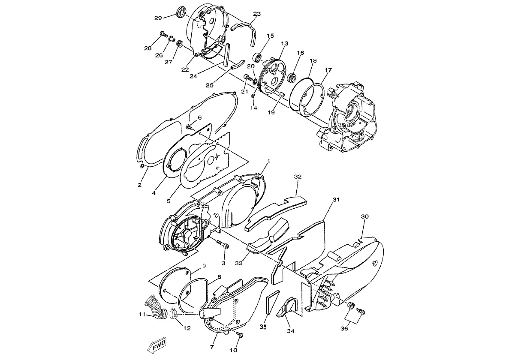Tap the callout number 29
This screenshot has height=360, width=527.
pyautogui.click(x=158, y=18)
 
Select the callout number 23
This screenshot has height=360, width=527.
pyautogui.click(x=257, y=14)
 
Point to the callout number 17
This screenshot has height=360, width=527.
pyautogui.click(x=328, y=70)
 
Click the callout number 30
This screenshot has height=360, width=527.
pyautogui.click(x=364, y=216)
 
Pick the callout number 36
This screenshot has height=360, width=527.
pyautogui.click(x=344, y=328)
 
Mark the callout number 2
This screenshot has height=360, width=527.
pyautogui.click(x=139, y=185)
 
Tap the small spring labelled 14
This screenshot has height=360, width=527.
pyautogui.click(x=253, y=96)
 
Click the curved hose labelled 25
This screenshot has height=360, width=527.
pyautogui.click(x=238, y=65)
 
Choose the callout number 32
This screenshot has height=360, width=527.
pyautogui.click(x=298, y=177)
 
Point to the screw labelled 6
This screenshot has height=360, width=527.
pyautogui.click(x=190, y=127)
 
